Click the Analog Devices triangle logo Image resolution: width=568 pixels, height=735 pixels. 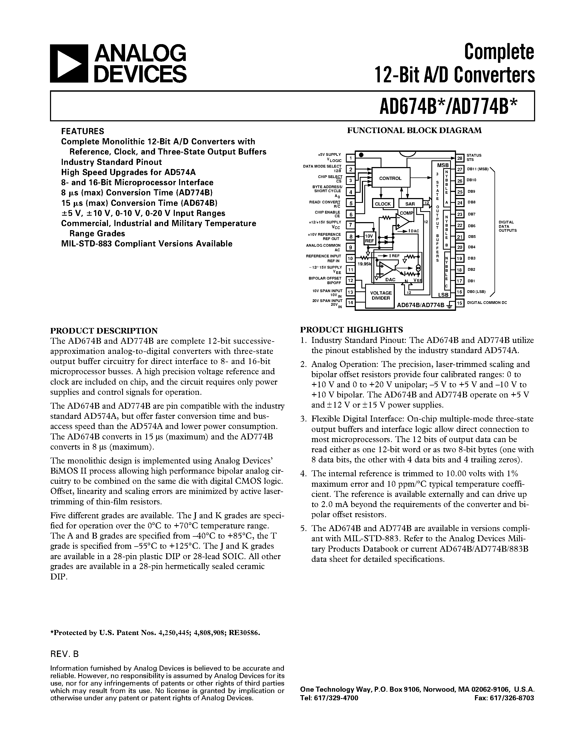click(x=69, y=64)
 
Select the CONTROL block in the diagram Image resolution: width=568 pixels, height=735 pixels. click(x=390, y=178)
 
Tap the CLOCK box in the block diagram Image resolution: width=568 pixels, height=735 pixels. click(x=382, y=204)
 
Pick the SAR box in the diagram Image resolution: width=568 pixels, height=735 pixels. click(x=410, y=204)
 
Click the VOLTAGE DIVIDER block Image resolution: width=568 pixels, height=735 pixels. click(x=381, y=296)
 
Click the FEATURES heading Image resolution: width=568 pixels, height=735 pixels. click(x=82, y=131)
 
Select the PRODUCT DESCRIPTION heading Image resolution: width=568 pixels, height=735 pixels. click(x=104, y=330)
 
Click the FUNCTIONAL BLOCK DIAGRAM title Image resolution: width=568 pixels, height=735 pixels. click(x=414, y=130)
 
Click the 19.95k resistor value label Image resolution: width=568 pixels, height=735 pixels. click(x=364, y=264)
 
